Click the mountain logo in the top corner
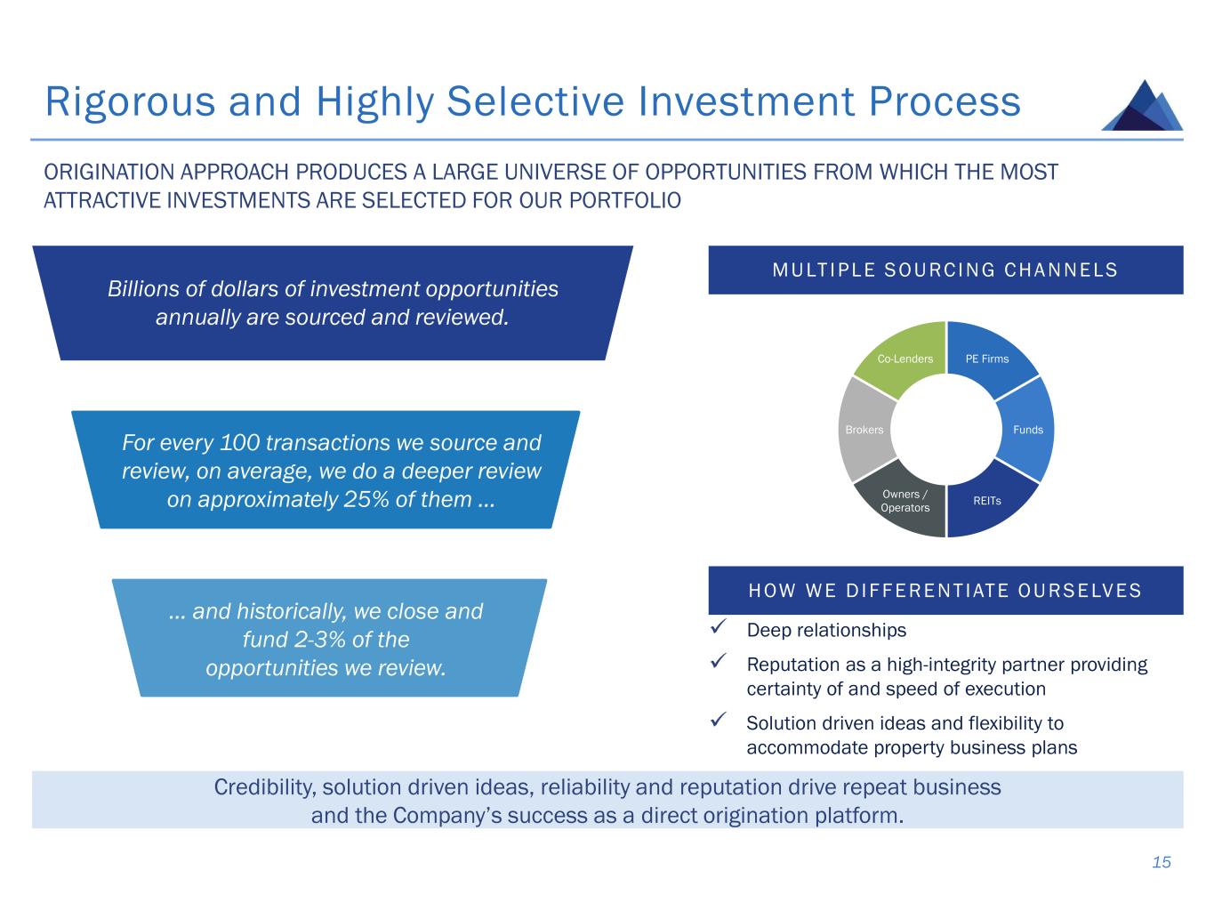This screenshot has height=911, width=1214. coord(1142,106)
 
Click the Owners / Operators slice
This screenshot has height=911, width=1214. coord(904,502)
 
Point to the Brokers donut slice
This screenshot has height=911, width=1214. coord(864,430)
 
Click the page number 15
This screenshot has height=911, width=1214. coord(1162,862)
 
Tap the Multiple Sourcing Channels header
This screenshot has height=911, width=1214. coord(945,270)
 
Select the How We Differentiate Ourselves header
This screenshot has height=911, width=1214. coord(945,590)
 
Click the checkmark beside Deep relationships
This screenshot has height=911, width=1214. coord(721,629)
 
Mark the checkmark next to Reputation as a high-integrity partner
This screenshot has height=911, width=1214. coord(721,663)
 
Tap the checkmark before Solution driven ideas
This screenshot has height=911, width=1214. coord(721,722)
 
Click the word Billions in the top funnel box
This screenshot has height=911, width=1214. coord(143,289)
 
